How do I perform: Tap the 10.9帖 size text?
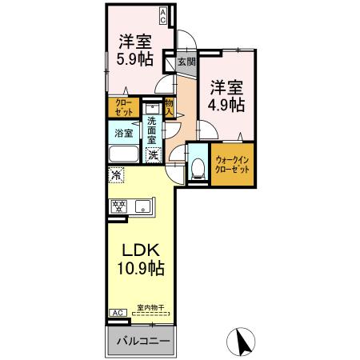pyautogui.click(x=140, y=270)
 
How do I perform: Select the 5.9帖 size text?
pyautogui.click(x=133, y=58)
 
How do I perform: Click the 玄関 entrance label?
pyautogui.click(x=185, y=61)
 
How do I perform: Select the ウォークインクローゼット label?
pyautogui.click(x=231, y=169)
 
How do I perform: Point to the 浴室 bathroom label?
pyautogui.click(x=123, y=134)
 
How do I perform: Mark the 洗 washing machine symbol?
pyautogui.click(x=152, y=154)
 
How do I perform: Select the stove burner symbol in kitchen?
pyautogui.click(x=120, y=206)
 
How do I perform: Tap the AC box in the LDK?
pyautogui.click(x=116, y=312)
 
